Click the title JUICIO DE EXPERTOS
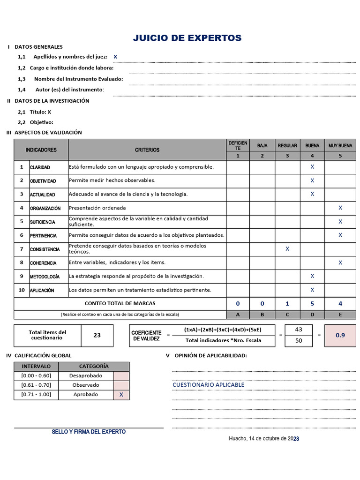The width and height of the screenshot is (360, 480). click(x=187, y=38)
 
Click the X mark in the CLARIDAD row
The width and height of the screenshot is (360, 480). click(x=312, y=167)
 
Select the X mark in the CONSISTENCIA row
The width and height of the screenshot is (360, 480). click(x=287, y=249)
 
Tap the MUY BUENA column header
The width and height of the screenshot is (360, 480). click(x=340, y=146)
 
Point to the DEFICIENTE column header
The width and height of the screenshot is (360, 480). click(x=238, y=145)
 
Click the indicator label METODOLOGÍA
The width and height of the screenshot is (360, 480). click(x=45, y=277)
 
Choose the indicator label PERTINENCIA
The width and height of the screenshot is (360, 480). click(x=43, y=236)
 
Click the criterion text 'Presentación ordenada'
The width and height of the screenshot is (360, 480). click(x=97, y=208)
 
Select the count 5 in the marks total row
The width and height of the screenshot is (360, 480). click(x=312, y=304)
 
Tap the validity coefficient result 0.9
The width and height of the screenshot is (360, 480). click(x=340, y=335)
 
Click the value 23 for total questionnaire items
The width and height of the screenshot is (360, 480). click(x=97, y=335)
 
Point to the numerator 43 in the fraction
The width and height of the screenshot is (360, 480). click(x=299, y=330)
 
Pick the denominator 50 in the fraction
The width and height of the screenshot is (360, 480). click(x=299, y=341)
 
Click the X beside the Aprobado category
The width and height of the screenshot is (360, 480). click(x=121, y=395)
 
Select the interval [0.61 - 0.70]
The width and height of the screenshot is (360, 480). click(x=36, y=385)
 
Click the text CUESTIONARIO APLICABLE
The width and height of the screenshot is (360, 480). click(x=209, y=385)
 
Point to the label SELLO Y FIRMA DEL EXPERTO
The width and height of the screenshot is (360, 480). click(x=89, y=432)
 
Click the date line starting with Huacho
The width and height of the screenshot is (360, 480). click(x=264, y=439)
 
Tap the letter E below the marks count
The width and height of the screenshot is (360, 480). click(x=340, y=314)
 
